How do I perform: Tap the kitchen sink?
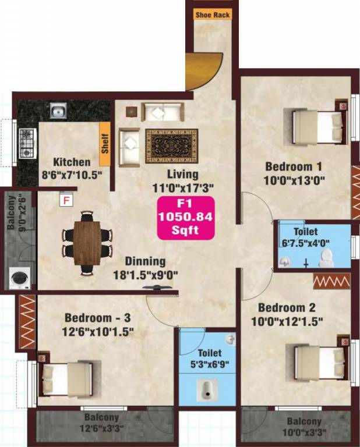click(x=57, y=110)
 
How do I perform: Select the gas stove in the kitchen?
click(x=27, y=143)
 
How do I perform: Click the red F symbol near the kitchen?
click(x=67, y=200)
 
